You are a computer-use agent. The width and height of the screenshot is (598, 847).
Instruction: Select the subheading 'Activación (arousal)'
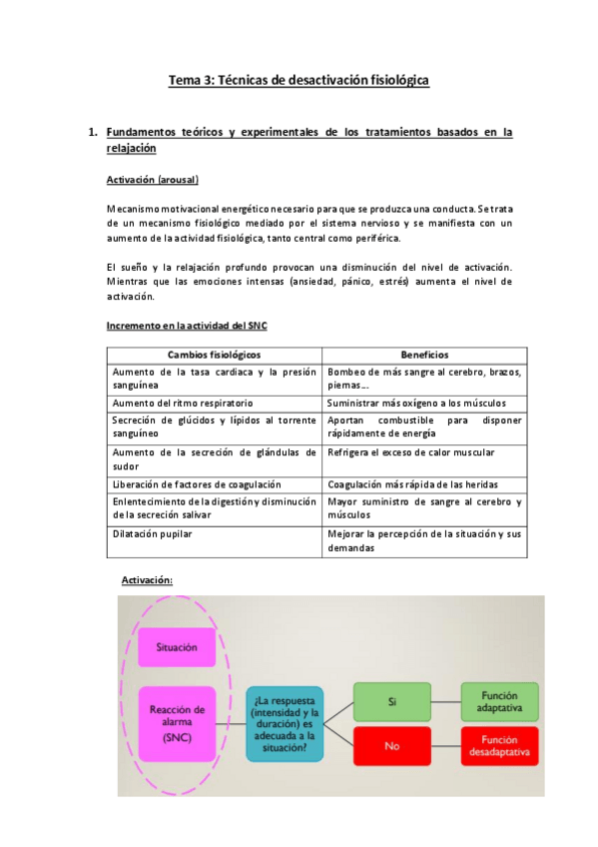click(x=152, y=180)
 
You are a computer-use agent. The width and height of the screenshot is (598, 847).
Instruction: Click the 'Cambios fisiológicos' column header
click(x=214, y=355)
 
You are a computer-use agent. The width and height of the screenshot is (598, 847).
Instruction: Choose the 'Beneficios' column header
click(x=424, y=355)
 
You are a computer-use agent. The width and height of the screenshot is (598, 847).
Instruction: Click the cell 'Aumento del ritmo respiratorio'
click(x=176, y=403)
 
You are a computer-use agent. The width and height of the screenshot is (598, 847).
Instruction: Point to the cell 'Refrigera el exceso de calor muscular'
click(x=410, y=452)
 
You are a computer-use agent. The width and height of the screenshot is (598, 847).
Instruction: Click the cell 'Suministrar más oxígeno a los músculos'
click(x=415, y=403)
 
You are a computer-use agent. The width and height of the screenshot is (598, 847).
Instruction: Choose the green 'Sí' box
click(x=391, y=700)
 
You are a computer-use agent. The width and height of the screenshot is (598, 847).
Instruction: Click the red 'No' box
click(x=391, y=745)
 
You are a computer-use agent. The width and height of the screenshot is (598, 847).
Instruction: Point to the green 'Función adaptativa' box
click(x=499, y=700)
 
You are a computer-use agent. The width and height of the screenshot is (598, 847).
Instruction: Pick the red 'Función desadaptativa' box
click(x=499, y=745)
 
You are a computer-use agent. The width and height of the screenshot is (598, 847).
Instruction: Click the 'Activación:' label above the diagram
click(x=147, y=580)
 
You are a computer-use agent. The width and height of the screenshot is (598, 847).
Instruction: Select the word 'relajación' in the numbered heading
click(x=131, y=148)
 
